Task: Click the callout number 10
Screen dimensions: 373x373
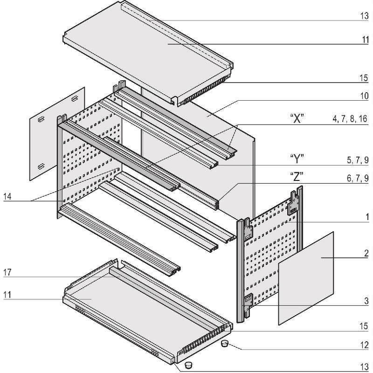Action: click(x=364, y=97)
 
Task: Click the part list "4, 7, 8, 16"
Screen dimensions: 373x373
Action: click(x=350, y=119)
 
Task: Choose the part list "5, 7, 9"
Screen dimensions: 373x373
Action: click(x=358, y=160)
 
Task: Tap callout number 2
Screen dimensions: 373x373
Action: click(x=367, y=254)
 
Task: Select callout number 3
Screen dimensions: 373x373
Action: click(x=367, y=302)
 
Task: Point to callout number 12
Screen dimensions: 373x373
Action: click(x=364, y=345)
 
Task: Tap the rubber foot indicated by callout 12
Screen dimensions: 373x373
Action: click(x=224, y=344)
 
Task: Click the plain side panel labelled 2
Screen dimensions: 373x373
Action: click(x=306, y=277)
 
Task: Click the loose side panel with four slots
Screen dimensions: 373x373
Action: click(x=57, y=133)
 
